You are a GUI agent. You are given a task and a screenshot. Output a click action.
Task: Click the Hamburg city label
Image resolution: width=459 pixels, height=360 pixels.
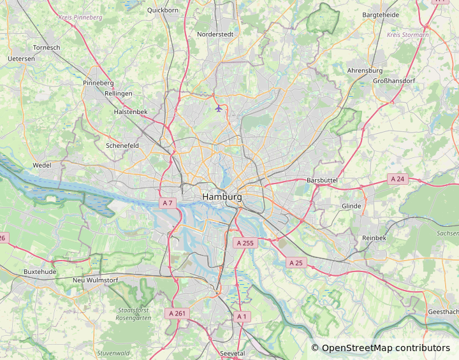222,198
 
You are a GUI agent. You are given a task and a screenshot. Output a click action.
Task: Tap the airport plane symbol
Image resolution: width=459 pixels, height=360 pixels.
219,108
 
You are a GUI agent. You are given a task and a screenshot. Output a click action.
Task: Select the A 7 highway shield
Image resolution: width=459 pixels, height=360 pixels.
168,203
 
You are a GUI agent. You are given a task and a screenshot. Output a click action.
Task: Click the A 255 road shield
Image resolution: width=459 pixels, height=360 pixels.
245,243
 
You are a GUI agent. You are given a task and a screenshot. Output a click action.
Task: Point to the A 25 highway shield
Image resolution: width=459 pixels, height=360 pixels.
296,263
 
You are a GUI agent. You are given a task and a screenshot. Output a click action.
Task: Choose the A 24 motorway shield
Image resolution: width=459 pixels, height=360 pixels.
398,179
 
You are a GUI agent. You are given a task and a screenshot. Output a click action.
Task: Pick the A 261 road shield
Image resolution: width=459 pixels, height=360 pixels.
177,313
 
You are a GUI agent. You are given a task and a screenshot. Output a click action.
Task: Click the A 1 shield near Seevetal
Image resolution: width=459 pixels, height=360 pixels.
241,316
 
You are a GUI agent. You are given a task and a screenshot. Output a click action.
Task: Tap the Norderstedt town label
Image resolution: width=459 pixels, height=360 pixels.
215,34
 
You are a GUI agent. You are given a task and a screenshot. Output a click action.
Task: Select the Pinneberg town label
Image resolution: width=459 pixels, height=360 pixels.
98,83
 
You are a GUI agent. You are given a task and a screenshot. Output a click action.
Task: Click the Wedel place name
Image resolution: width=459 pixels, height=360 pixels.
42,166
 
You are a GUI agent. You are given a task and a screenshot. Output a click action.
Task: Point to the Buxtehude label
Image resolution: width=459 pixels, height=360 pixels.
40,271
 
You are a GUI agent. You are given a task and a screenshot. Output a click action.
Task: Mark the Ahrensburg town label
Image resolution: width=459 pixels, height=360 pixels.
365,71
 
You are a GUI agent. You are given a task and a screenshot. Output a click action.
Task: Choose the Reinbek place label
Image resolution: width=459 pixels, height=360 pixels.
374,238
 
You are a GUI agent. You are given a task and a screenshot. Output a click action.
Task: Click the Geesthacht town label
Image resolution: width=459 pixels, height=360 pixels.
442,312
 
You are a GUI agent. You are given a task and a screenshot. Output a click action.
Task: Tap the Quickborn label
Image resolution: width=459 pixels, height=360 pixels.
163,10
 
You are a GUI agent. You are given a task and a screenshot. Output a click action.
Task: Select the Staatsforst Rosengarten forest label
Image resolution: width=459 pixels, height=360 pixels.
134,313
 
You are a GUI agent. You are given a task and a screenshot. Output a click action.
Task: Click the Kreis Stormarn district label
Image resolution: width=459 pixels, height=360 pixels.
408,34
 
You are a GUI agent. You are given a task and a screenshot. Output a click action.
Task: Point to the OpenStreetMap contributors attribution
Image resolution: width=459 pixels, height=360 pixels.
381,348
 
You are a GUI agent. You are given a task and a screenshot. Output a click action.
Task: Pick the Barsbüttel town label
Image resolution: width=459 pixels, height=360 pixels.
330,180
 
